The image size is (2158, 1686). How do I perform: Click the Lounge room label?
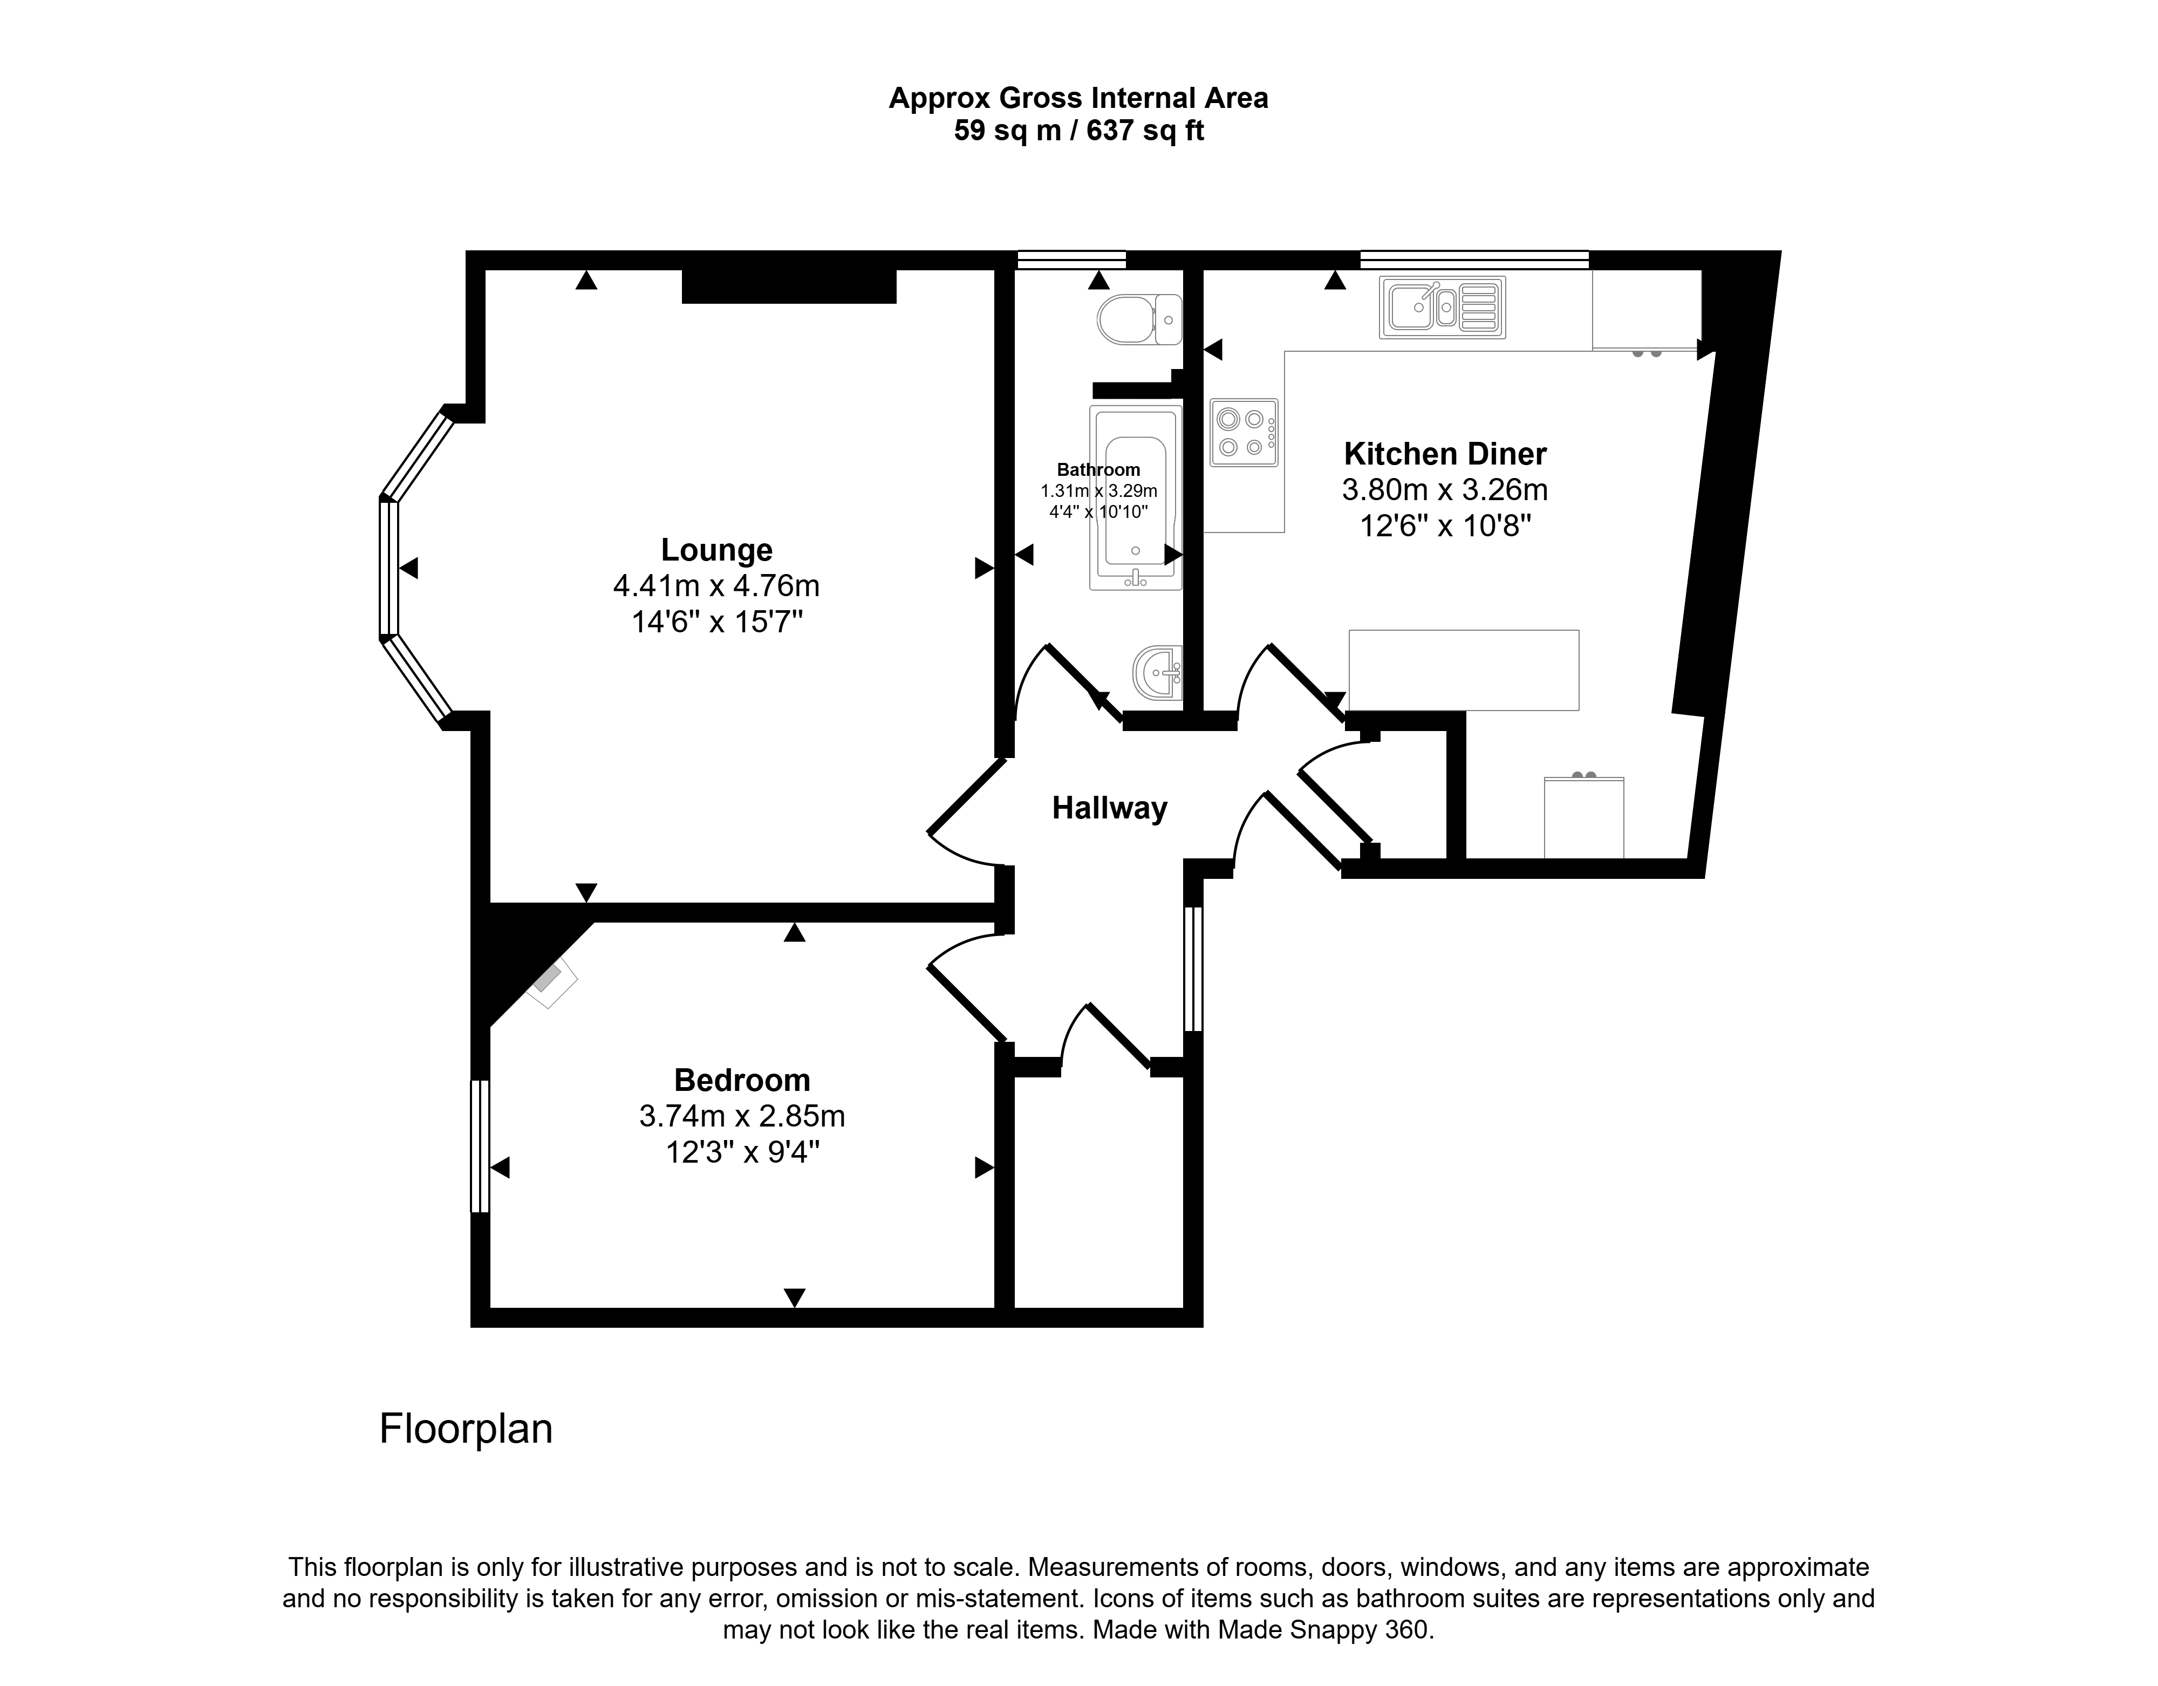pos(716,549)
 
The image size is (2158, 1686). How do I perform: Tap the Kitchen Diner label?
pos(1445,454)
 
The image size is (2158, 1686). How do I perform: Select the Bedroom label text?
pos(742,1079)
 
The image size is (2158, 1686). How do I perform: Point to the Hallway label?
pos(1110,808)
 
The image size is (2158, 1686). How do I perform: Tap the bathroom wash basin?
pos(1158,673)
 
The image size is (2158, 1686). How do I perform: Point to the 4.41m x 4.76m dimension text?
pos(716,586)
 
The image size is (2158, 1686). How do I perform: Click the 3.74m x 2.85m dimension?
pos(742,1116)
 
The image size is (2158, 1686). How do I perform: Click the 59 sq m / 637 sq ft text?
pos(1078,131)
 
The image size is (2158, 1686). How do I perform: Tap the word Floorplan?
pos(466,1429)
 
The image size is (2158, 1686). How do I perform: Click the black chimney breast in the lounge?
pos(789,285)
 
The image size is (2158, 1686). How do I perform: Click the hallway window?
pos(1193,968)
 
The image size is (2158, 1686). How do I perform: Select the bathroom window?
pos(1072,260)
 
